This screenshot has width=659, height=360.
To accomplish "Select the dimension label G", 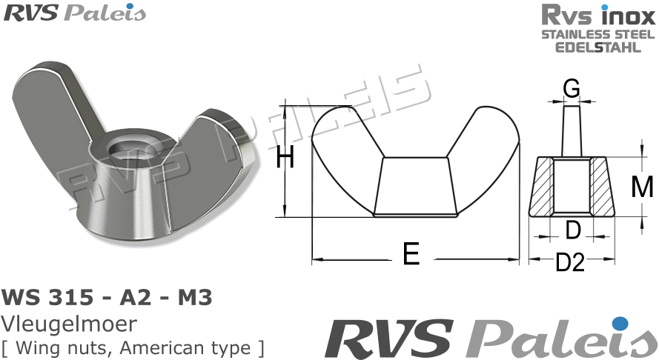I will click(x=571, y=89).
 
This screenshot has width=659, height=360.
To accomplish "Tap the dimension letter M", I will click(x=641, y=187).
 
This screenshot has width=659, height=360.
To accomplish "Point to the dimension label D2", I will click(x=571, y=261).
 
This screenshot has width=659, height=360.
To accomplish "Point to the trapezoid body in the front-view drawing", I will click(x=414, y=185).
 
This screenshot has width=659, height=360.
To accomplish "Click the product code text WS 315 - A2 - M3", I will click(x=108, y=298).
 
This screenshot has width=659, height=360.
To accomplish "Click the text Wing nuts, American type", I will click(x=133, y=346).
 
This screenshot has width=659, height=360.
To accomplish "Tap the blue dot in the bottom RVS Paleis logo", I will click(x=620, y=323).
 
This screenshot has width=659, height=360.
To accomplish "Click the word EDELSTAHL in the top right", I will click(x=599, y=47).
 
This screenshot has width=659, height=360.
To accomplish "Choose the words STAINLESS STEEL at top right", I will click(x=599, y=34).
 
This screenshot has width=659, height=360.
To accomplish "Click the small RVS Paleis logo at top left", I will click(x=75, y=13).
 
